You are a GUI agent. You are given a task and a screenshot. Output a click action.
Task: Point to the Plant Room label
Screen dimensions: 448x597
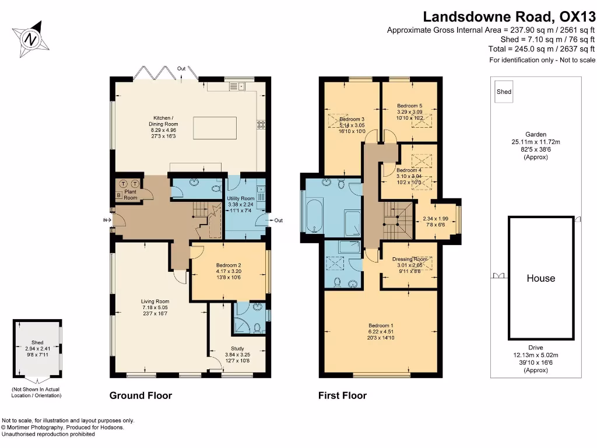tap(131, 194)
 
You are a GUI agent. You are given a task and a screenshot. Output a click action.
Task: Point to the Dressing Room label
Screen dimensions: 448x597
tap(410, 259)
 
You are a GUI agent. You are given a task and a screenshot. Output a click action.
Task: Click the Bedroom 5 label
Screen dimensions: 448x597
tap(409, 106)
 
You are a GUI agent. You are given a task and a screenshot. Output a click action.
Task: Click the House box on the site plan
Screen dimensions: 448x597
tap(541, 278)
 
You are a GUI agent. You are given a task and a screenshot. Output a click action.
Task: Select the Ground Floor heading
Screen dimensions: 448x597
tap(141, 395)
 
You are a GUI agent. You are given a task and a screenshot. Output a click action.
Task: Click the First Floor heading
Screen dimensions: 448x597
tap(342, 395)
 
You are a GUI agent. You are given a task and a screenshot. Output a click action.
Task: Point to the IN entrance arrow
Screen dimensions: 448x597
tap(107, 220)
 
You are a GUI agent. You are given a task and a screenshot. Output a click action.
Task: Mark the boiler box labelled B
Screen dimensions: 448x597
tap(120, 195)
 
